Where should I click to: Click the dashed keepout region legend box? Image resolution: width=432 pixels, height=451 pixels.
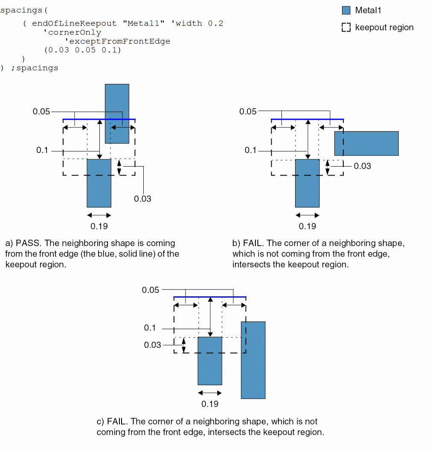346,28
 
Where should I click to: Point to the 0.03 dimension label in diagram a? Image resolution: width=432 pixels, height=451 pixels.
142,199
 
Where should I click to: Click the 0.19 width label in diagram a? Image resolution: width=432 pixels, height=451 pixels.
99,226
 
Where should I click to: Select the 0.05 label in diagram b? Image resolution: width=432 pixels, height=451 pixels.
248,112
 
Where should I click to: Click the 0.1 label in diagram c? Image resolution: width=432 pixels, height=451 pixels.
150,328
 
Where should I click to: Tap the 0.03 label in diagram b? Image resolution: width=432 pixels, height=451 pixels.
362,166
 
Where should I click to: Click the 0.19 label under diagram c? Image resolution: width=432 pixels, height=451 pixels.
210,404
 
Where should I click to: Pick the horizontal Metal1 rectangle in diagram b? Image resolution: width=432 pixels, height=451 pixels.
366,143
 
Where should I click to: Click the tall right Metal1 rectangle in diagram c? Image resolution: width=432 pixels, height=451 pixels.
253,360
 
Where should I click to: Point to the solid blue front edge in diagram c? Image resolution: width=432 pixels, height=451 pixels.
210,297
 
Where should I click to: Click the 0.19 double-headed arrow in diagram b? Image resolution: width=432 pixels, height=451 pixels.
307,215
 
